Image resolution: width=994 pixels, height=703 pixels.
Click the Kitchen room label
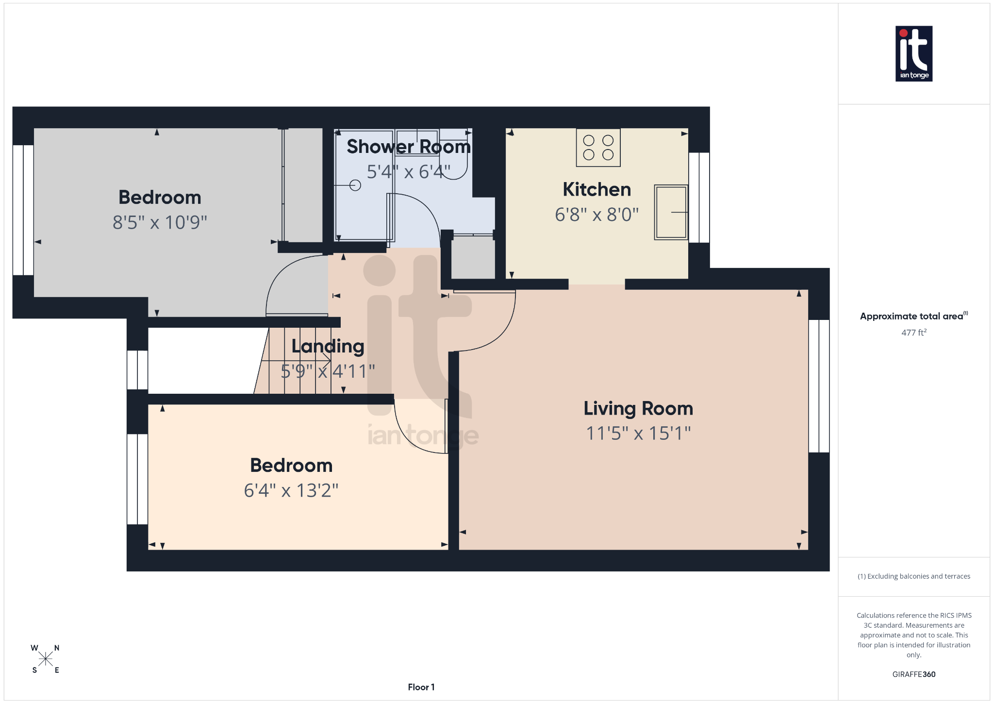tap(596, 189)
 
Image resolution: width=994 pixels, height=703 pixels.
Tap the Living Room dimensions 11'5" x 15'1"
tap(638, 433)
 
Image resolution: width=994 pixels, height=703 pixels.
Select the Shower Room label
tap(408, 147)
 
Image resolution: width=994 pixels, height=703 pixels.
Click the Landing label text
tap(328, 346)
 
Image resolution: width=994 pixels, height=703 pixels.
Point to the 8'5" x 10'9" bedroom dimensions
tap(160, 222)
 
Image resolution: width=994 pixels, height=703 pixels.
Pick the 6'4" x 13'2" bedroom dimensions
tap(291, 490)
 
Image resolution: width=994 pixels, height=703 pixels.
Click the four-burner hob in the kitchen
tap(598, 148)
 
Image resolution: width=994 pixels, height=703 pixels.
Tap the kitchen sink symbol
tap(671, 212)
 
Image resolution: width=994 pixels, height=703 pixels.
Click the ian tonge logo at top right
tap(913, 53)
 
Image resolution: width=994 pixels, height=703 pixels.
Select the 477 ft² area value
tap(913, 333)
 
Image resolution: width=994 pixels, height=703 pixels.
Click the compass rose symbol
tap(46, 659)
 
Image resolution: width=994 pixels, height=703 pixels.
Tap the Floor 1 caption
tap(421, 687)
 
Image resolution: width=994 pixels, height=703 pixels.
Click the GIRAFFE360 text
tap(913, 674)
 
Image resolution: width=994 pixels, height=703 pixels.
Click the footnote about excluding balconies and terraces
tap(913, 576)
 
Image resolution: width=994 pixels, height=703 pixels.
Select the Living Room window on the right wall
tap(819, 386)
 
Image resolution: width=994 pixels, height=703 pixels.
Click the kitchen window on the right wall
tap(699, 198)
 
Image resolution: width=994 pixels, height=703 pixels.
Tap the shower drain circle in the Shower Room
tap(355, 185)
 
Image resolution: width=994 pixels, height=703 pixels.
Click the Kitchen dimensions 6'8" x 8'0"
tap(596, 215)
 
